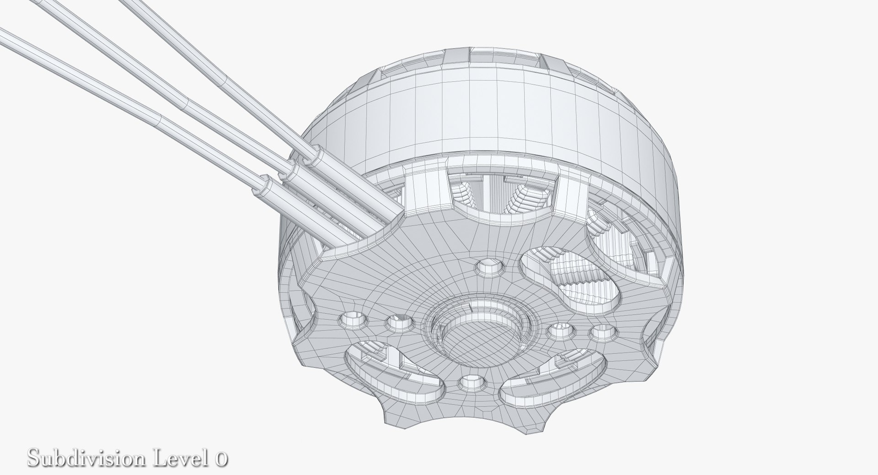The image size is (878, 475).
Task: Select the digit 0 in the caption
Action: [x=221, y=459]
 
